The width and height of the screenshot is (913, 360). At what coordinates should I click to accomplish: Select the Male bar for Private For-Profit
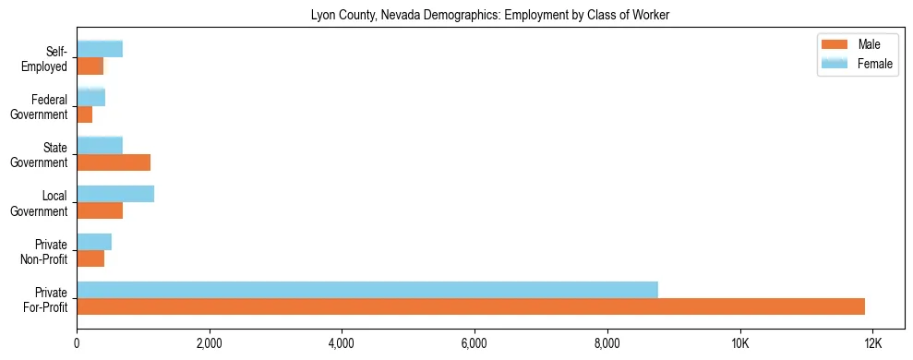coord(471,306)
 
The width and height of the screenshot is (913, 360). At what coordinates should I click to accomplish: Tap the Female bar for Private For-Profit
coord(367,290)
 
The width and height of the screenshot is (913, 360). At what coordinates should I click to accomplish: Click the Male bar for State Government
coord(114,162)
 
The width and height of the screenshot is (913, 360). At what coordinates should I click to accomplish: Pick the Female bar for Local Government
coord(115,194)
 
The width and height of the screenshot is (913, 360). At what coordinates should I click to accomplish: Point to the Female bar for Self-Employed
coord(100,49)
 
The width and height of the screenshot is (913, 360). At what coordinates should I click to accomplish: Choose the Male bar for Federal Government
coord(85,114)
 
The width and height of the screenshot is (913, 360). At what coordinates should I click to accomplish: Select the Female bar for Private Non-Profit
coord(94,242)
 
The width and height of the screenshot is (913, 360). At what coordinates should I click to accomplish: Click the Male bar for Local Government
coord(100,210)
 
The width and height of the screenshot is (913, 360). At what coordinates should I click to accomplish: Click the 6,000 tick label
coord(475,343)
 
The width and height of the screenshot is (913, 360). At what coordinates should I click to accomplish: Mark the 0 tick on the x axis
coord(77,343)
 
